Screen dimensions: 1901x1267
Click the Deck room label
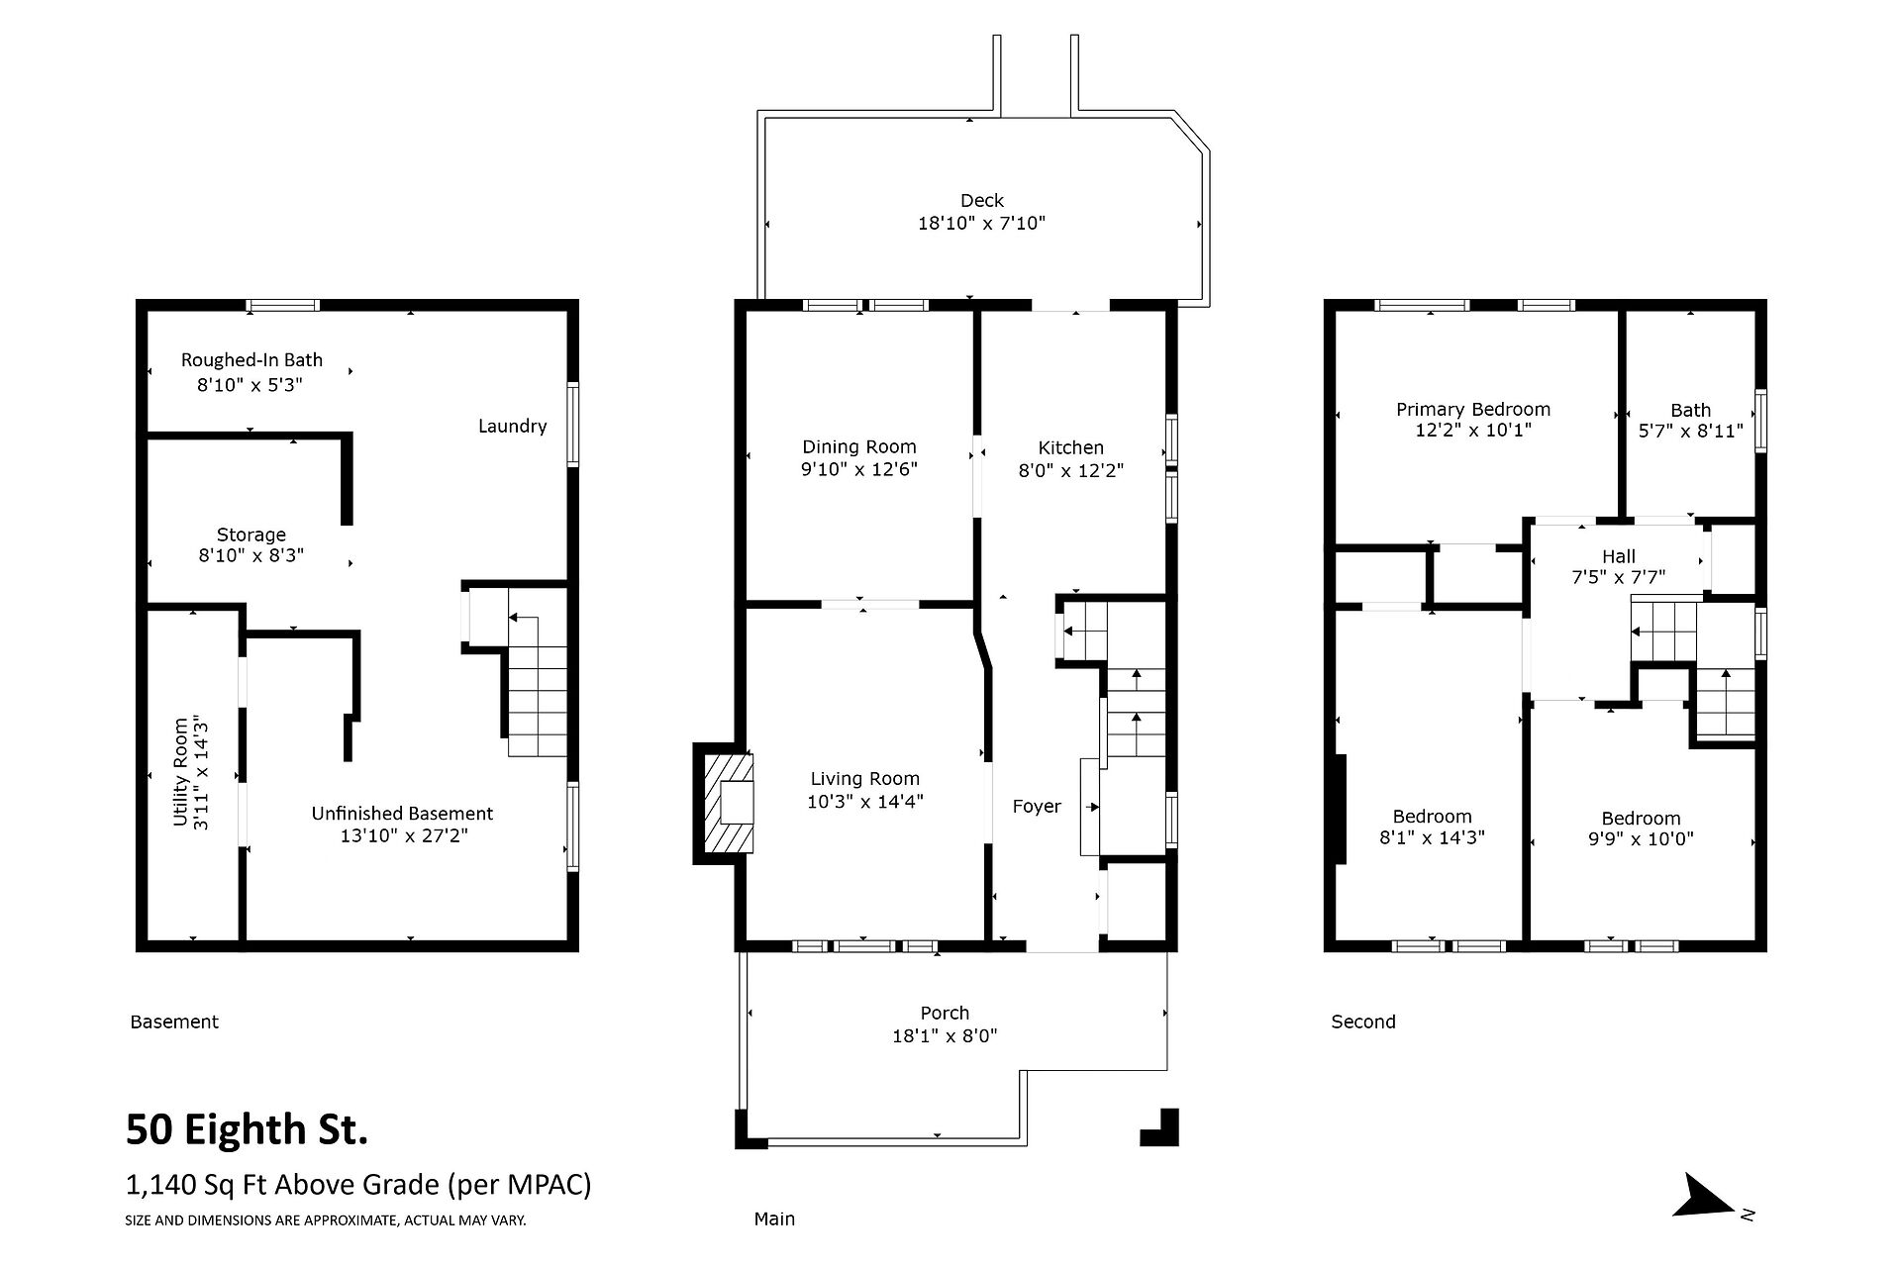pos(981,201)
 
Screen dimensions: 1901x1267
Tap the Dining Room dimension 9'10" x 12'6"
pos(859,470)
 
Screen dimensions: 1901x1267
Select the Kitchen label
pos(1070,447)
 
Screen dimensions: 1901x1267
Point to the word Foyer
pos(1037,807)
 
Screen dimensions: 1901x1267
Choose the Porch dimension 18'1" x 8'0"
pos(945,1036)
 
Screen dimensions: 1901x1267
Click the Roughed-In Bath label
pos(251,360)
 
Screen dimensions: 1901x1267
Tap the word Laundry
pos(512,427)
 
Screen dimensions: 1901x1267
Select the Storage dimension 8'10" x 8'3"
pos(250,556)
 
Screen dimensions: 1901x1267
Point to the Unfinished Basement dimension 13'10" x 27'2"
pos(402,836)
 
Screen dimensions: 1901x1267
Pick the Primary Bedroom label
pos(1473,410)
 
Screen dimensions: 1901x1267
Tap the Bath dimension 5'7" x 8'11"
pos(1690,432)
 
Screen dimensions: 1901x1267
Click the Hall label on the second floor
pos(1619,556)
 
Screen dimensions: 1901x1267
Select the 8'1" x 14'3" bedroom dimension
pos(1432,838)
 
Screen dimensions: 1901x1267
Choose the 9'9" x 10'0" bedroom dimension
pos(1641,839)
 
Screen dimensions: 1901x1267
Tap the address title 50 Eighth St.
pos(247,1129)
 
